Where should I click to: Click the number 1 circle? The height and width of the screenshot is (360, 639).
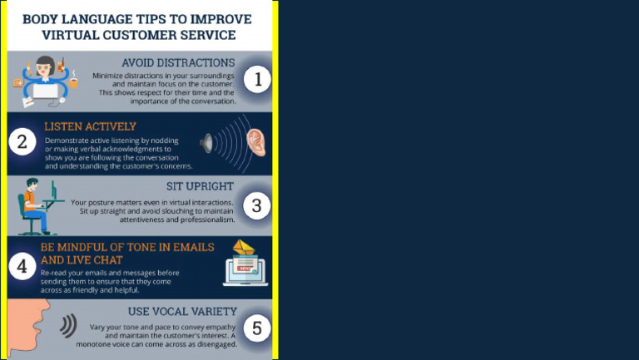pos(258,79)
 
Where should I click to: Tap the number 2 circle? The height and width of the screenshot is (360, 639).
pos(22,141)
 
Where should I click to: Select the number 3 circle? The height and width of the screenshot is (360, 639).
pos(257,205)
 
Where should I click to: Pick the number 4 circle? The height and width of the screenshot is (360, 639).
pos(22,266)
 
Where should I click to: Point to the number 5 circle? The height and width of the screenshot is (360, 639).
pos(257,328)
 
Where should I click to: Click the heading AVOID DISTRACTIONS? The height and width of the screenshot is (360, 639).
pos(178,62)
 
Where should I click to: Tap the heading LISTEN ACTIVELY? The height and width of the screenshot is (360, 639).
pos(90,126)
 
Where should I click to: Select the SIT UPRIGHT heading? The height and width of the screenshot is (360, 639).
pos(200,186)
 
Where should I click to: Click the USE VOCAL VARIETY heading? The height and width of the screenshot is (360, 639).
pos(182,311)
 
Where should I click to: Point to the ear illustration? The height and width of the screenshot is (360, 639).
pos(256,142)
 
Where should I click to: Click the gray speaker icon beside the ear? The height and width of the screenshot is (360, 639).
pos(206,143)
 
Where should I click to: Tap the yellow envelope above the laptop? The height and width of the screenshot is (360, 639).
pos(244,247)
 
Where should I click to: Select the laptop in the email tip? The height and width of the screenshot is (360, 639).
pos(245,271)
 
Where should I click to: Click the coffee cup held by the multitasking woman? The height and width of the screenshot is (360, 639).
pos(73,82)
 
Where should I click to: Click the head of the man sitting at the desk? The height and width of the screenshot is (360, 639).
pos(32,185)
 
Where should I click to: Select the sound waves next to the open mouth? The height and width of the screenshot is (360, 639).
pos(68,326)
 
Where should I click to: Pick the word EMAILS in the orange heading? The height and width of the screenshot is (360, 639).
pos(194,247)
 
